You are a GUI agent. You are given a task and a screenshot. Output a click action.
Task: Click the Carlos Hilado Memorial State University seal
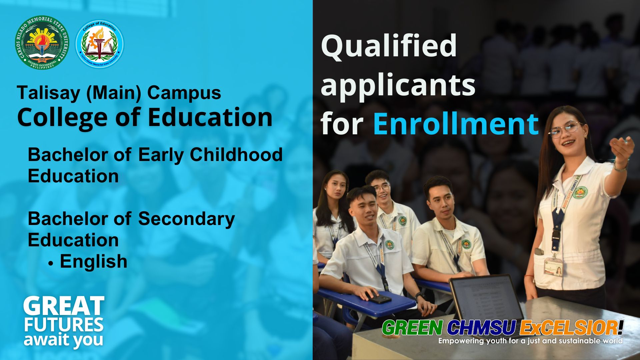point(42,42)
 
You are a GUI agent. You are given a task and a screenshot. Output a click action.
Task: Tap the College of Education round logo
point(100,44)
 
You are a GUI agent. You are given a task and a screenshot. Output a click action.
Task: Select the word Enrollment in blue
point(456,124)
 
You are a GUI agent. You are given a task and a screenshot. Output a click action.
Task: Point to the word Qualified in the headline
point(389,46)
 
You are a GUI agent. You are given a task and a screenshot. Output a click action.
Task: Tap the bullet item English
point(93,261)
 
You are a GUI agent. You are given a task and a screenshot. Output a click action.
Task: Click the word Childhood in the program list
point(236,155)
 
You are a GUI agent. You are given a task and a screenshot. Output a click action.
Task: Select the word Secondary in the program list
point(186,219)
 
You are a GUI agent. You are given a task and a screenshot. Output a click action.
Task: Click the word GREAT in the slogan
point(64,306)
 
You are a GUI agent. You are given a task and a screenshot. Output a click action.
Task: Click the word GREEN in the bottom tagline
point(413,328)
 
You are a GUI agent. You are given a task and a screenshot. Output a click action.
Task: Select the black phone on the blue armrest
point(379,298)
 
